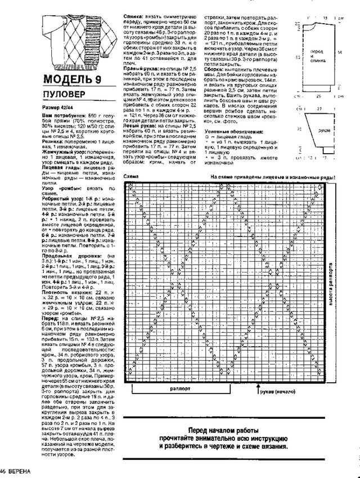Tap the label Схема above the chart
point(130,176)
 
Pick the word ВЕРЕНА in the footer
point(22,470)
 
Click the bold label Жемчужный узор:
point(61,152)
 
